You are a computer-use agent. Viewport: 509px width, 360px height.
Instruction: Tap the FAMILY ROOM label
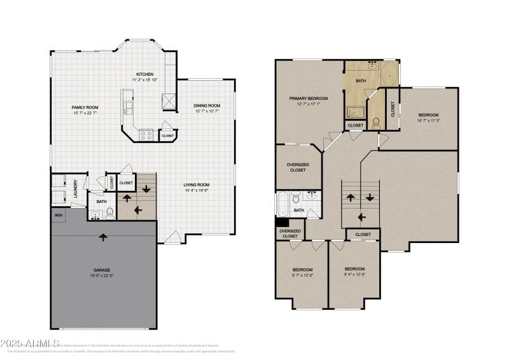click(84, 107)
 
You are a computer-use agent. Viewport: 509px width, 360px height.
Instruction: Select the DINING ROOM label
click(207, 106)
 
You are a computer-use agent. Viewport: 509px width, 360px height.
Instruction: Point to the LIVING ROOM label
click(197, 185)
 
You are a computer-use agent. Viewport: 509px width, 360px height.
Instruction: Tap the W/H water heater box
click(59, 216)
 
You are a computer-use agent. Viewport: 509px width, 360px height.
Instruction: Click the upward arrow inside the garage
click(104, 237)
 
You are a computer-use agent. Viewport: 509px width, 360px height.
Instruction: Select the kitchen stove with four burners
click(145, 135)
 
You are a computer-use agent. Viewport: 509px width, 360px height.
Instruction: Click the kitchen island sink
click(127, 106)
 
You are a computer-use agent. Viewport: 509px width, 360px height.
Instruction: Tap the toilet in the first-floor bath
click(109, 212)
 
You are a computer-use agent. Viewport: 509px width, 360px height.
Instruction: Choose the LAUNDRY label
click(75, 190)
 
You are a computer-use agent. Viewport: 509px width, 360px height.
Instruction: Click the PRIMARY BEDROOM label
click(309, 99)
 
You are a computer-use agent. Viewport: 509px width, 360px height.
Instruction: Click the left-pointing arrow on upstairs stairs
click(363, 217)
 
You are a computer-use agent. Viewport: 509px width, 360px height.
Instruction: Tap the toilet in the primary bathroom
click(377, 121)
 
